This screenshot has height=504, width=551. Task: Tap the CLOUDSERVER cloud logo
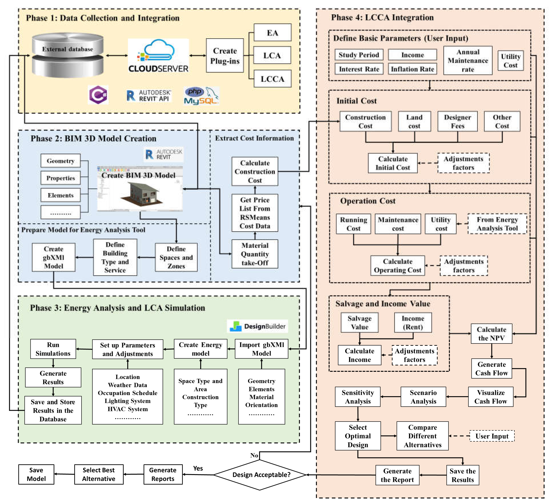pyautogui.click(x=159, y=56)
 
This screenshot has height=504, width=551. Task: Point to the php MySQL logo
pyautogui.click(x=201, y=96)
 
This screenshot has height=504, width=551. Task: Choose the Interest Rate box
pyautogui.click(x=359, y=69)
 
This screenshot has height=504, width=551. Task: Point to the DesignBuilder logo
pyautogui.click(x=258, y=326)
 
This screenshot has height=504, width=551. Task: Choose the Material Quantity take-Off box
pyautogui.click(x=255, y=254)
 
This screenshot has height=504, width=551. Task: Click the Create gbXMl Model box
pyautogui.click(x=54, y=257)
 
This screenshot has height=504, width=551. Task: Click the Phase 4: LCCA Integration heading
pyautogui.click(x=382, y=17)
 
